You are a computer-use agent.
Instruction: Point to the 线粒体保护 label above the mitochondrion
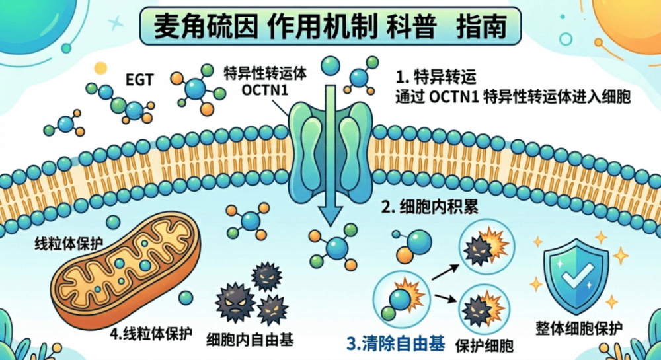pyautogui.click(x=67, y=242)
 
